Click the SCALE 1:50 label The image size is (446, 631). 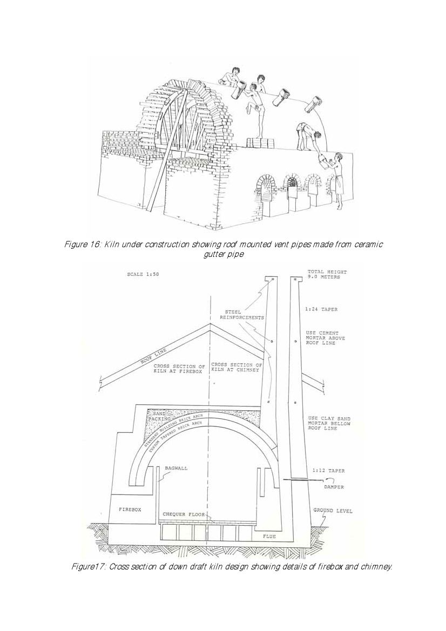click(143, 274)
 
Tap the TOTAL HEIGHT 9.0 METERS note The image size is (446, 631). click(327, 274)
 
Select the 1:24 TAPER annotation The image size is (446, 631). click(321, 309)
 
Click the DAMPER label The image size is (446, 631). click(334, 487)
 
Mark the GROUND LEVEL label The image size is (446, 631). click(333, 511)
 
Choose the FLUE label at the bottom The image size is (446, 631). click(269, 537)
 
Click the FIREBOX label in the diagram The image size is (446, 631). click(130, 509)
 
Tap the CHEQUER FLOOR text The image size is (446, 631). click(184, 514)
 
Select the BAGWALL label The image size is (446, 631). click(177, 468)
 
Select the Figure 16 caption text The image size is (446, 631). click(223, 249)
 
